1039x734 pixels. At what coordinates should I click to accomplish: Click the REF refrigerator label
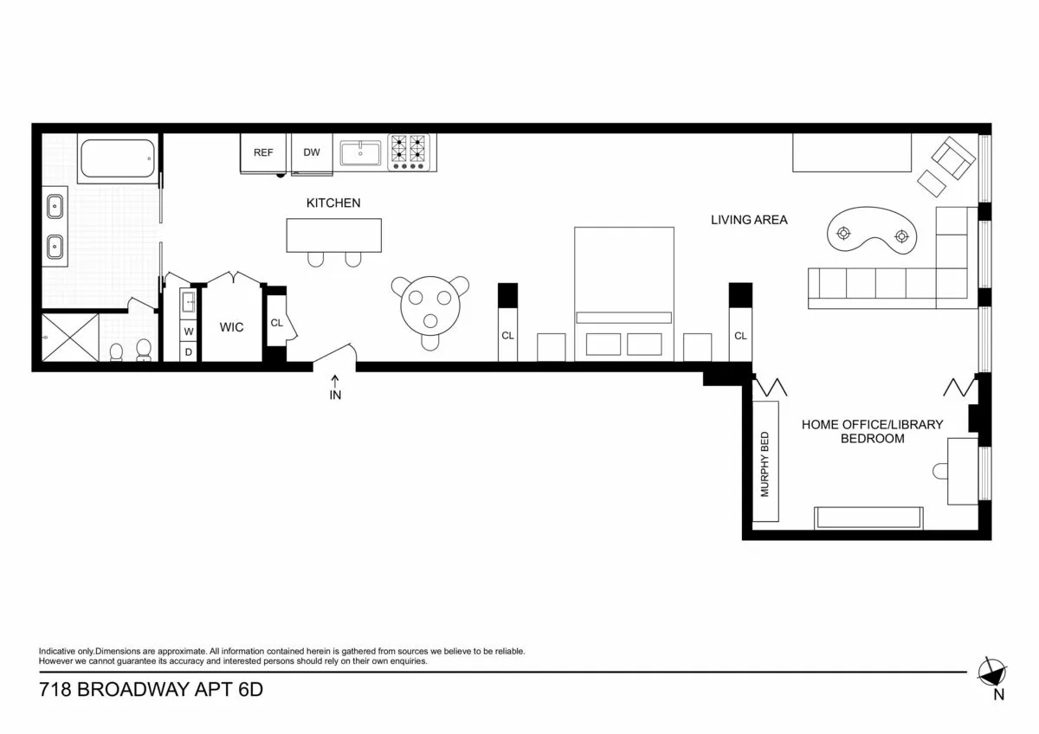[263, 153]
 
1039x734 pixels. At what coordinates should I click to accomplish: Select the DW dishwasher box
[312, 153]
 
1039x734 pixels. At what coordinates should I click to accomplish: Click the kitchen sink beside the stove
[362, 154]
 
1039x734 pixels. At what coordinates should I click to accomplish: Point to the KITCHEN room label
[333, 203]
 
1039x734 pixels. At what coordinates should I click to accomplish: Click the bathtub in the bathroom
[117, 159]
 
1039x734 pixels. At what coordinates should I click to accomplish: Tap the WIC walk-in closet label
[231, 327]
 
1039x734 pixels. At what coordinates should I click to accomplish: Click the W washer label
[188, 332]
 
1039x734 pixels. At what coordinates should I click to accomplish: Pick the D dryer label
[188, 351]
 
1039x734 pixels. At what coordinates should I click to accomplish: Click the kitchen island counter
[334, 235]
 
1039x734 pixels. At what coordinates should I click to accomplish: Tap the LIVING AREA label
[749, 220]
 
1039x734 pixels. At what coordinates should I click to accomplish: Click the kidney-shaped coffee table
[873, 233]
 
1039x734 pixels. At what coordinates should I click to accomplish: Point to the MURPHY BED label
[765, 463]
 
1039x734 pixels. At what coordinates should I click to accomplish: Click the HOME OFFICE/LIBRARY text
[872, 424]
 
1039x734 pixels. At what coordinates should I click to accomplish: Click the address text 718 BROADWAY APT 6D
[151, 691]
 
